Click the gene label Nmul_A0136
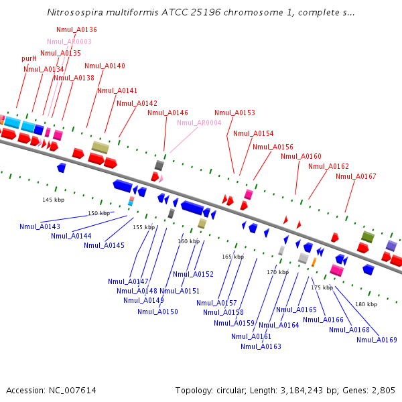coord(76,30)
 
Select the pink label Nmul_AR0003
coord(69,42)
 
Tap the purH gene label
coord(29,59)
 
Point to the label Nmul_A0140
coord(105,66)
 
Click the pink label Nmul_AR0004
coord(199,123)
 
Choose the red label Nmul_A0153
coord(234,113)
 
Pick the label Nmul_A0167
coord(356,177)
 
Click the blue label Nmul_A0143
coord(40,227)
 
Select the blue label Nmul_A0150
coord(157,312)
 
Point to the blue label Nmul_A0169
coord(377,340)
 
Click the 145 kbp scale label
coord(54,200)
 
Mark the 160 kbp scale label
coord(188,241)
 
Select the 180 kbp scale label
coord(366,305)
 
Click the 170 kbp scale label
coord(277,273)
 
